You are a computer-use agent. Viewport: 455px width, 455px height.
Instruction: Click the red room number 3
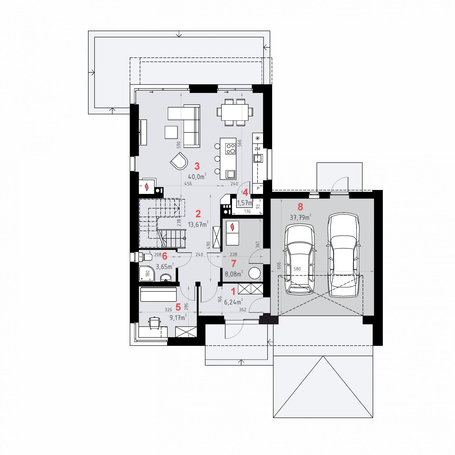click(197, 166)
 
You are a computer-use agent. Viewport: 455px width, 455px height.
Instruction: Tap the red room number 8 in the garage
click(300, 207)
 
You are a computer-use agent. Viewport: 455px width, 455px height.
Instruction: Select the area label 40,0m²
click(197, 177)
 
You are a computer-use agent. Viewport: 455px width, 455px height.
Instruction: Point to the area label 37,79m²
click(300, 217)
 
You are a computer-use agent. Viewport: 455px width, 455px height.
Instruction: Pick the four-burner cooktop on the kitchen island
click(230, 148)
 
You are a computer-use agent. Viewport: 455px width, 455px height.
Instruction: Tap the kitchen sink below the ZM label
click(258, 158)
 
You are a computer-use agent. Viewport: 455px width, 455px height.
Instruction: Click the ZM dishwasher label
click(257, 149)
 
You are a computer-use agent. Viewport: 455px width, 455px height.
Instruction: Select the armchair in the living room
click(179, 161)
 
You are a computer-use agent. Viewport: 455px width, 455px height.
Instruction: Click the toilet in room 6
click(145, 256)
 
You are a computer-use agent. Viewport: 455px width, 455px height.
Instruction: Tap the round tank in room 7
click(254, 273)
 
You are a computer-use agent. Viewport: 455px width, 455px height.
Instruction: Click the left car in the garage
click(300, 259)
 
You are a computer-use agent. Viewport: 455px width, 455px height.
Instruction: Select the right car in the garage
click(343, 255)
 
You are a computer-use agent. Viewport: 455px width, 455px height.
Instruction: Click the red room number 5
click(178, 307)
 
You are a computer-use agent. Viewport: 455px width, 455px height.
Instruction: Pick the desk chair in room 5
click(154, 323)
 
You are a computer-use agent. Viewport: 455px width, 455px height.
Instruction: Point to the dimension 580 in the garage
click(297, 269)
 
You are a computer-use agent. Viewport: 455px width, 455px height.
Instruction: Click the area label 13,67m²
click(198, 224)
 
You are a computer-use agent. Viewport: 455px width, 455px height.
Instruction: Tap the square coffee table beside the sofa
click(171, 132)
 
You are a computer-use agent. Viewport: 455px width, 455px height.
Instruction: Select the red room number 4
click(245, 193)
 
